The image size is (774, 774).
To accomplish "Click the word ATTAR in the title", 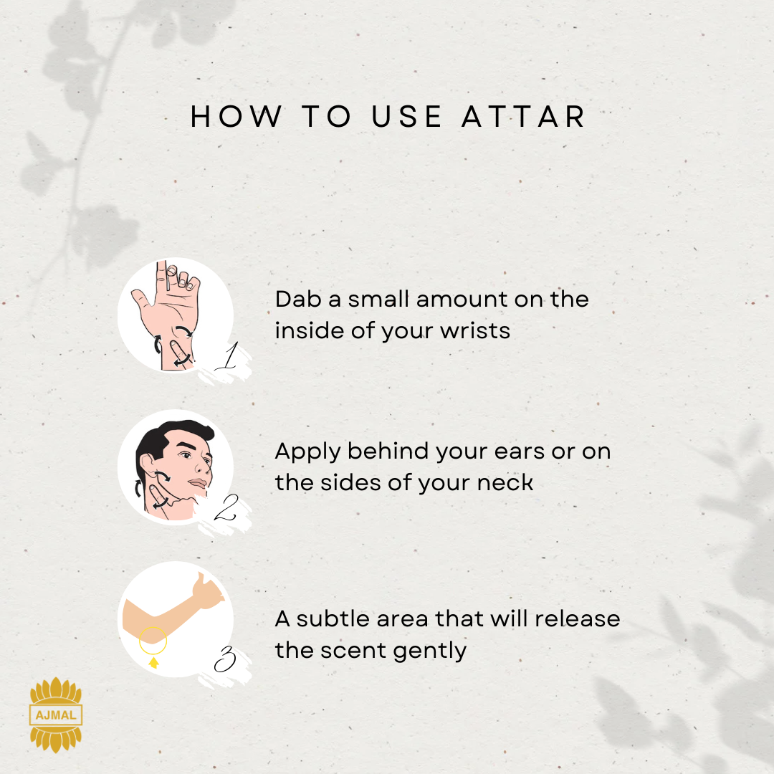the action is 523,117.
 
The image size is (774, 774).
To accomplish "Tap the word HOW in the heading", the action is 236,117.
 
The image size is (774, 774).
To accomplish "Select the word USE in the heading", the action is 406,117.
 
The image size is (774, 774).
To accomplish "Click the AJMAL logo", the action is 56,715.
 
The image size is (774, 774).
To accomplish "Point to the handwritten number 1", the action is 228,355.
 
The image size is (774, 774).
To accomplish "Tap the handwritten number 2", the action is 226,507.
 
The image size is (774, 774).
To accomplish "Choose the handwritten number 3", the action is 225,659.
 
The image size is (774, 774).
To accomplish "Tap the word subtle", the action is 333,618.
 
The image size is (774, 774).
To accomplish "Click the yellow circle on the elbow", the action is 153,627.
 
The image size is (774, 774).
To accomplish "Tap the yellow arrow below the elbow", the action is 153,662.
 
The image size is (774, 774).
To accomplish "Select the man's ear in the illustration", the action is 148,467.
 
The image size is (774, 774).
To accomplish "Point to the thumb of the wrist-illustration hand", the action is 140,298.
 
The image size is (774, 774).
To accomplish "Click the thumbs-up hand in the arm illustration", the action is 207,591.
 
